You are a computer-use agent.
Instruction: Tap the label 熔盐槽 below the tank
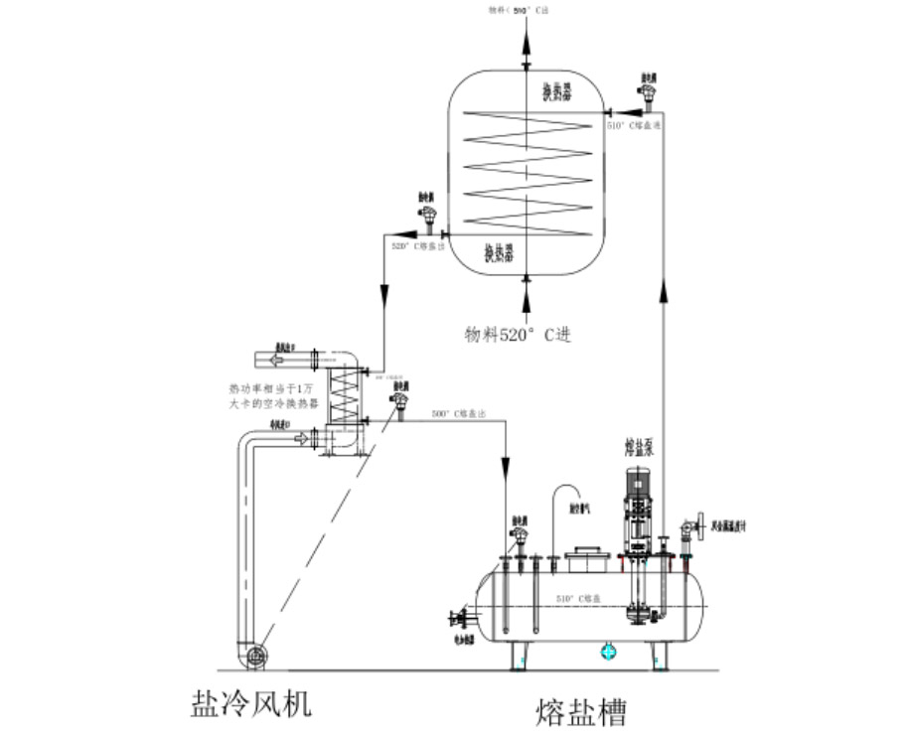tap(582, 712)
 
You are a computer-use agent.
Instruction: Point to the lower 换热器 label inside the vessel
tap(499, 252)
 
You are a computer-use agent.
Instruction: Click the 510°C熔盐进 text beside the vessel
tap(634, 126)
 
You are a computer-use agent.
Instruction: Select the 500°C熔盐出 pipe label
tap(459, 412)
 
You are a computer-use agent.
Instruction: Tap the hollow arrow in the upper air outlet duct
tap(274, 359)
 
